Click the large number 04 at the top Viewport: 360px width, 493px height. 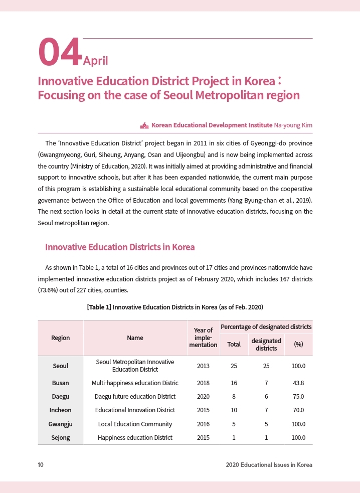[60, 52]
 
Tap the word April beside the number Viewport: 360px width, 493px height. [95, 61]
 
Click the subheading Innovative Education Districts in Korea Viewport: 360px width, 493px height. [120, 247]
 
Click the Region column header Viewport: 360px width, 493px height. [60, 338]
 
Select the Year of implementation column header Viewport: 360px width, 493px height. [203, 338]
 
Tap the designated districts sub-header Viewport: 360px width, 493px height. [266, 345]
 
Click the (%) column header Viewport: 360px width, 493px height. [298, 345]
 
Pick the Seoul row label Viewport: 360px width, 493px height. [60, 366]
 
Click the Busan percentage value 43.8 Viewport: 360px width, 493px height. [298, 383]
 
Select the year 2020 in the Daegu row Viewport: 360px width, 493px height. [203, 396]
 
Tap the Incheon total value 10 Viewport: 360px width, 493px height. [234, 410]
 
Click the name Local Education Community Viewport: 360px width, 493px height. [135, 424]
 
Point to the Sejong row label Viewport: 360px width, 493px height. [60, 437]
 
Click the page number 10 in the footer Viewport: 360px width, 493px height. [41, 465]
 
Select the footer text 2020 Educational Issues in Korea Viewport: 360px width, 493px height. [269, 465]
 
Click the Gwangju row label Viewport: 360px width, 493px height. [60, 424]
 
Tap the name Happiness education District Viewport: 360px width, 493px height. [135, 437]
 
